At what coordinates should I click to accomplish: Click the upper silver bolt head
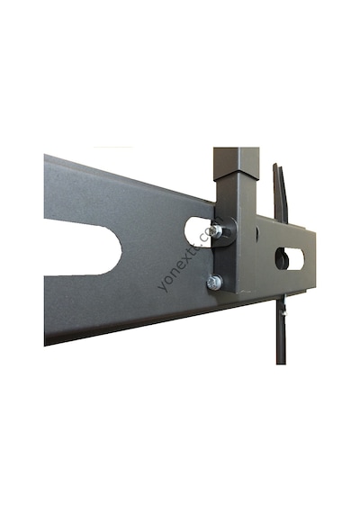coord(216,230)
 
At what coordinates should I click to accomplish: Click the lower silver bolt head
coord(214,283)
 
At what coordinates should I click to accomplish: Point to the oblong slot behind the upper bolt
coord(196,232)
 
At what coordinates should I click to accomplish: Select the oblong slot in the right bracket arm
coord(291,259)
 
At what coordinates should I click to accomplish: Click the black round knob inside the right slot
coord(282,259)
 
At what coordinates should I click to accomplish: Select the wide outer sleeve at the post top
coord(237,164)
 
